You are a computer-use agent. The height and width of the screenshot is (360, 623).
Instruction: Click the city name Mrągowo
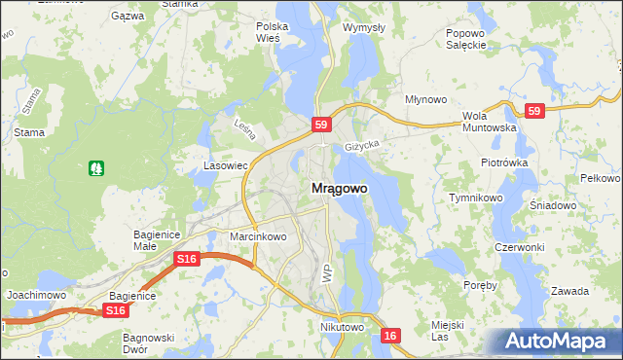tap(340, 189)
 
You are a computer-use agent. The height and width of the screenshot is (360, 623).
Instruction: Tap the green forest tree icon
tap(96, 168)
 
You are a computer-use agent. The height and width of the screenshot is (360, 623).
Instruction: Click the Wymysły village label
tap(364, 27)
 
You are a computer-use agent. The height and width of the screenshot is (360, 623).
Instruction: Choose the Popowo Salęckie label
tap(465, 38)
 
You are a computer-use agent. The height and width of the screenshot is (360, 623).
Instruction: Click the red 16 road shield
tap(390, 336)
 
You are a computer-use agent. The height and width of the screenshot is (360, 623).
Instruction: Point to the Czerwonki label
tap(519, 247)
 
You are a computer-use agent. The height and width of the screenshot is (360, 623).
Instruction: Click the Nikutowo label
tap(342, 328)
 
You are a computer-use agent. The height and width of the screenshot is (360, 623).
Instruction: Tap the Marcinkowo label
tap(257, 236)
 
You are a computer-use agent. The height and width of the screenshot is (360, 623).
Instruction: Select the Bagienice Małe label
tap(157, 240)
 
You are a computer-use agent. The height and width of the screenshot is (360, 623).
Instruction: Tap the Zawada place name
tap(569, 291)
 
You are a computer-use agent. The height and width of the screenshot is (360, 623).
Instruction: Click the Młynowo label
tap(425, 99)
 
